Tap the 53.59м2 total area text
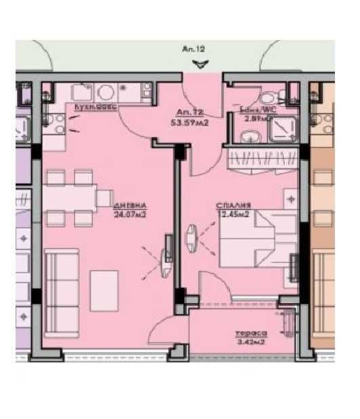tap(189, 123)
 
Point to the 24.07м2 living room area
tap(131, 216)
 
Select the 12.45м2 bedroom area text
tap(233, 214)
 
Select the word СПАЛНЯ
tap(233, 204)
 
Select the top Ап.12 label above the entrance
tap(194, 49)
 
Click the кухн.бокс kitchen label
tap(96, 108)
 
